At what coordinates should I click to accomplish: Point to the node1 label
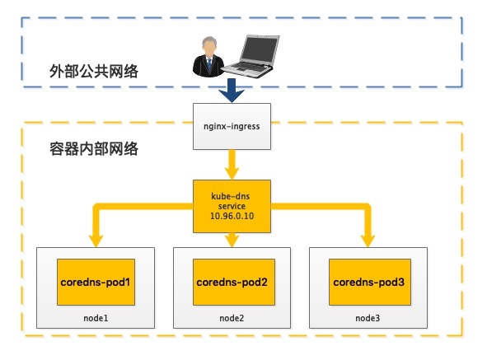point(96,317)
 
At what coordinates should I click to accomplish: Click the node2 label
point(231,317)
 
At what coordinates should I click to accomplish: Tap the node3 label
point(368,317)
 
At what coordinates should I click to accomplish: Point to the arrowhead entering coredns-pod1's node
point(96,241)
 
